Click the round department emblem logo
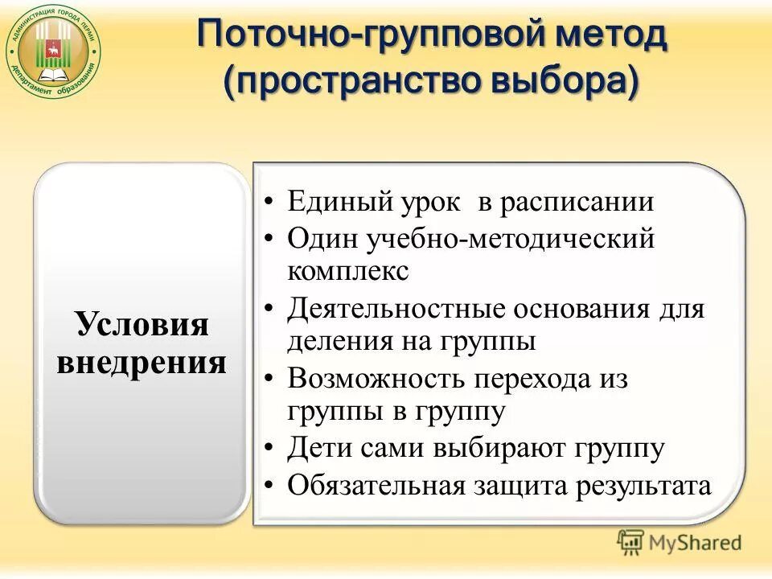pos(54,55)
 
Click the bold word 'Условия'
pos(142,325)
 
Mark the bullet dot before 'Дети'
pos(273,449)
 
